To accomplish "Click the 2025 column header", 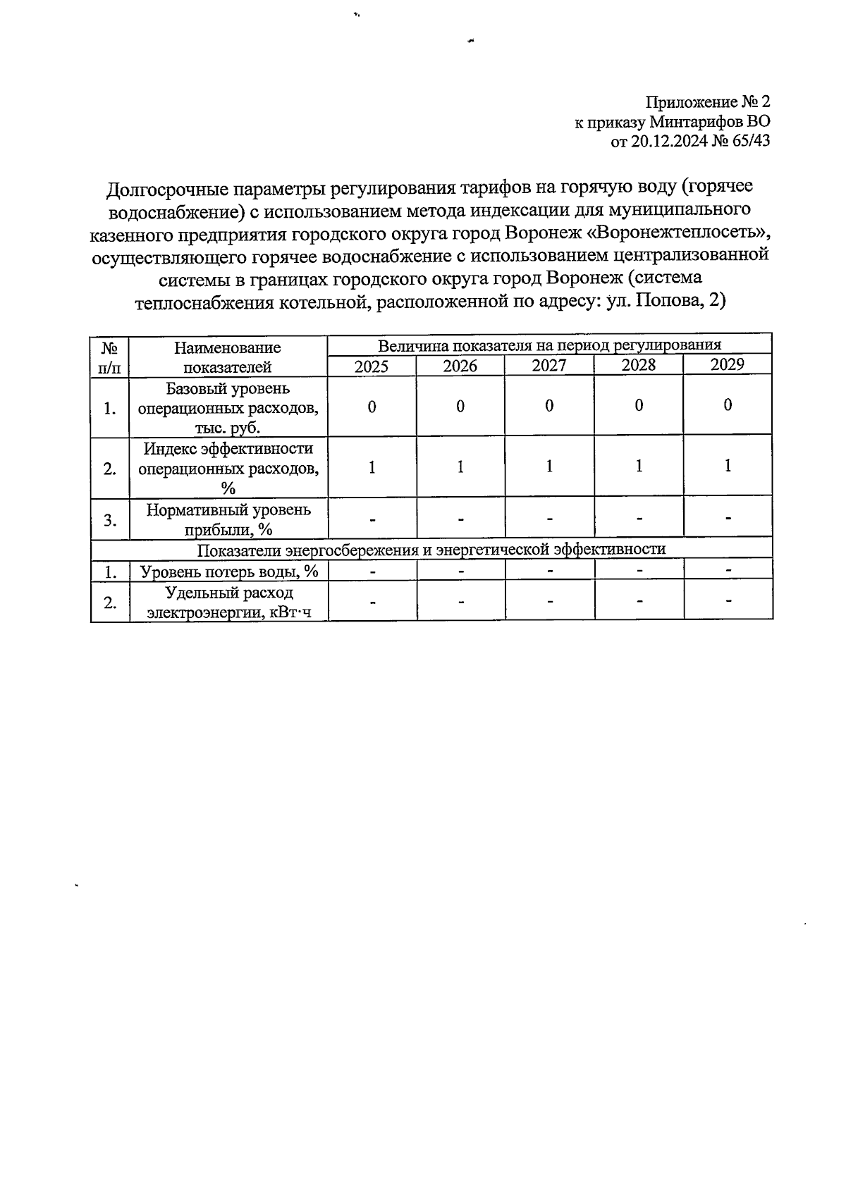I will click(372, 366).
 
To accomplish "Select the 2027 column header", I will click(549, 366).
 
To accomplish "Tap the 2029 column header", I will click(728, 364).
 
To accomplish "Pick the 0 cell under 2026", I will click(460, 407).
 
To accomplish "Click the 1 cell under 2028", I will click(639, 467).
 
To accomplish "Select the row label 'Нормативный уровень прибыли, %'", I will click(228, 519).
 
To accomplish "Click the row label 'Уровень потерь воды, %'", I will click(229, 572).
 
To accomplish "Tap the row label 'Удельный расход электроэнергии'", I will click(228, 603).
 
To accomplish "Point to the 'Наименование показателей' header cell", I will click(228, 357).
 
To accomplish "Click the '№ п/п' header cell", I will click(109, 357).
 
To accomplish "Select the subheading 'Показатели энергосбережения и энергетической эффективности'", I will click(431, 550).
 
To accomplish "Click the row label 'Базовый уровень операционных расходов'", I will click(228, 408).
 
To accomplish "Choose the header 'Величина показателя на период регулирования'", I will click(549, 345).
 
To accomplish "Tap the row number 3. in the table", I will click(110, 520).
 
